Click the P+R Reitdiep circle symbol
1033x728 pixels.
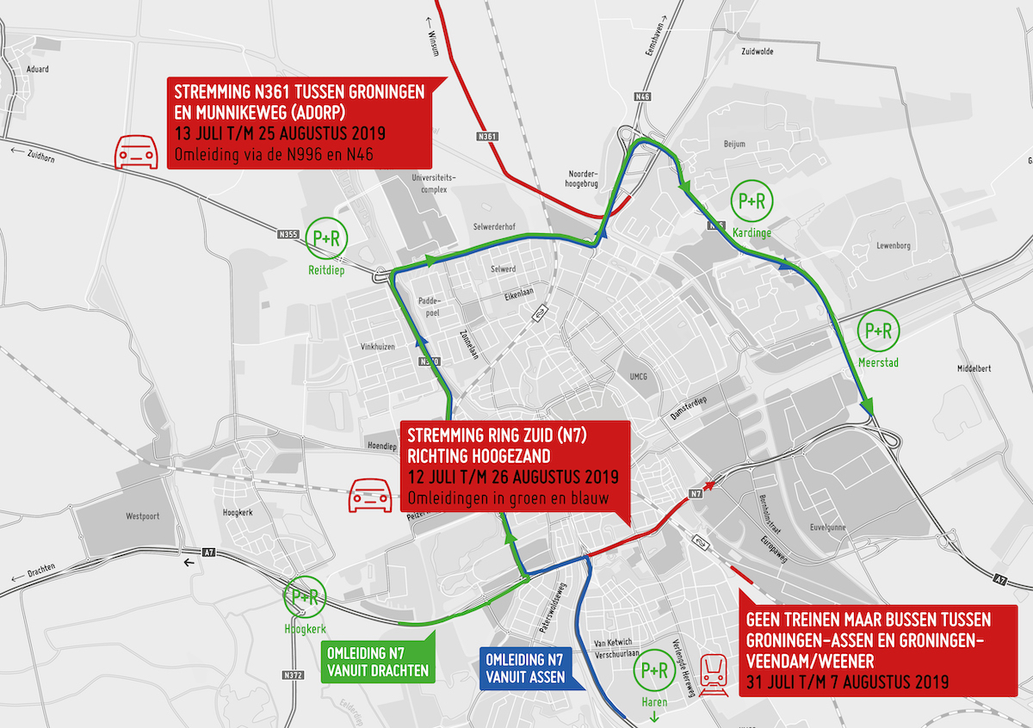326,242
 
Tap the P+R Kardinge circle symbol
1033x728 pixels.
751,201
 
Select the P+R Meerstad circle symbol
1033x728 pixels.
878,330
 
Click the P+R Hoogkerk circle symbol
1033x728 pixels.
305,597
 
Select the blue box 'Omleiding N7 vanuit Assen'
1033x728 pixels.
525,669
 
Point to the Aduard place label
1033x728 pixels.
38,69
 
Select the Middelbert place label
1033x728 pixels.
974,368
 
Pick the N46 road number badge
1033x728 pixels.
641,96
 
